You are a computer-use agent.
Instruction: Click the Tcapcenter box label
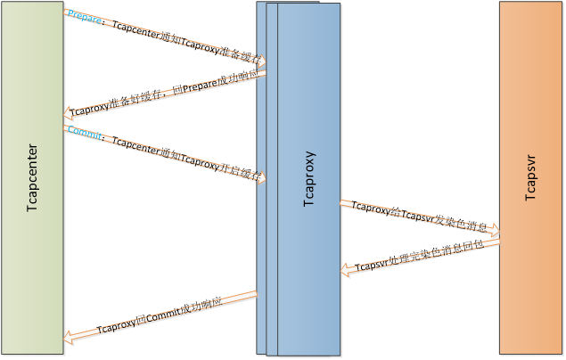33,178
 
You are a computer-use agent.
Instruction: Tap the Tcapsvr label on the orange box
530,179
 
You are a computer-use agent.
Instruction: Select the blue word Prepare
85,18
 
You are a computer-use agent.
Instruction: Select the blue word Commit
85,135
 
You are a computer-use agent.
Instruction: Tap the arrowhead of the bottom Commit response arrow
70,337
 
